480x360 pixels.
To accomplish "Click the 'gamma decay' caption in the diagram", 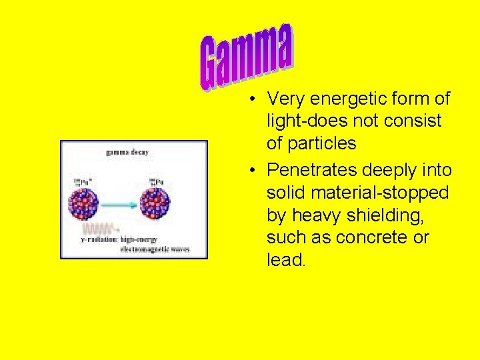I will tap(127, 152).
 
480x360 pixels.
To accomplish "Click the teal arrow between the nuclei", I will tap(120, 203).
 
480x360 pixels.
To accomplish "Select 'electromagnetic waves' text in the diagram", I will tap(155, 249).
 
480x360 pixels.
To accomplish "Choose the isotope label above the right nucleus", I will tap(155, 181).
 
